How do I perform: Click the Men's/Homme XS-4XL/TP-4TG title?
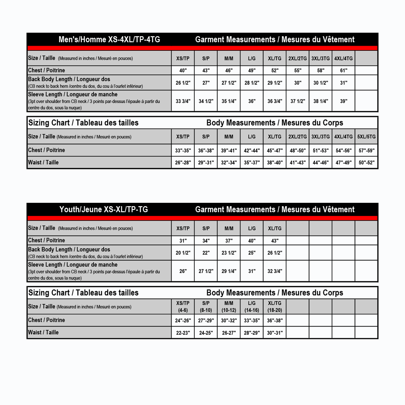(109, 40)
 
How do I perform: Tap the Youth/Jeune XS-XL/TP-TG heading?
(104, 210)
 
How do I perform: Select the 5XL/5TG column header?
(366, 137)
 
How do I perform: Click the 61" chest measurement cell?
(343, 70)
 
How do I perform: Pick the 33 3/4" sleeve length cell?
(183, 101)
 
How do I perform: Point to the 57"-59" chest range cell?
(366, 150)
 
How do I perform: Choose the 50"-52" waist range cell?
(366, 163)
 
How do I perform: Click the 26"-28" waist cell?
(183, 163)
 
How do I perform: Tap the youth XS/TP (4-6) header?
(183, 306)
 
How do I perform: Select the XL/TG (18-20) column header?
(275, 306)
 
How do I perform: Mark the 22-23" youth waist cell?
(183, 333)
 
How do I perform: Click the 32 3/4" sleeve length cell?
(275, 271)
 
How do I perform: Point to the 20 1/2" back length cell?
(183, 253)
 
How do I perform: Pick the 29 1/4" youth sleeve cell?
(229, 271)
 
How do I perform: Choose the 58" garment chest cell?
(320, 70)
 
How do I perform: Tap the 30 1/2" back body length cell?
(320, 83)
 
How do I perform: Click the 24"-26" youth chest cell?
(183, 320)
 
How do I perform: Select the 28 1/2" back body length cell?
(252, 83)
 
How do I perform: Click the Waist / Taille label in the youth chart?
(43, 332)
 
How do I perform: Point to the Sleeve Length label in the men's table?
(73, 94)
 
